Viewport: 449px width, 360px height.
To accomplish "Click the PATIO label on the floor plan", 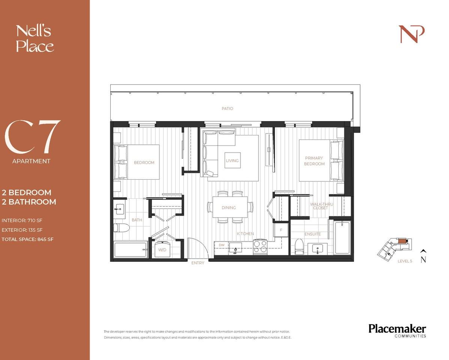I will coord(227,109).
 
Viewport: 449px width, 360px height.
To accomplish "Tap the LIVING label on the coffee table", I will coord(232,161).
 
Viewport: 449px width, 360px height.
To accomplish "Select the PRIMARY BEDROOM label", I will coord(314,161).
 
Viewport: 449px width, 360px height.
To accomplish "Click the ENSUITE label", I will coord(312,234).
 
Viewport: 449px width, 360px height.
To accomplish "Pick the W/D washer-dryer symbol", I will coord(163,249).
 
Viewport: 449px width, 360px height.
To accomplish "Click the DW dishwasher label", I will coord(221,245).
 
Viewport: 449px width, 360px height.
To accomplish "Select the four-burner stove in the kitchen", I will coord(260,247).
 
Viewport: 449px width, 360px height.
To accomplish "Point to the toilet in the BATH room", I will coord(122,228).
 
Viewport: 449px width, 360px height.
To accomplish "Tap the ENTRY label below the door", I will coord(198,263).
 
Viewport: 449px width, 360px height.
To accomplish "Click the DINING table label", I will coord(228,208).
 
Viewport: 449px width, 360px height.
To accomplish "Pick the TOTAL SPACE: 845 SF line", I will coord(27,239).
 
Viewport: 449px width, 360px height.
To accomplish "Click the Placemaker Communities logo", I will coord(397,330).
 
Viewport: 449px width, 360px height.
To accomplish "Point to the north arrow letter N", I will coord(423,260).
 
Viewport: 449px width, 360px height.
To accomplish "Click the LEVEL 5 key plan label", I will coord(405,261).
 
